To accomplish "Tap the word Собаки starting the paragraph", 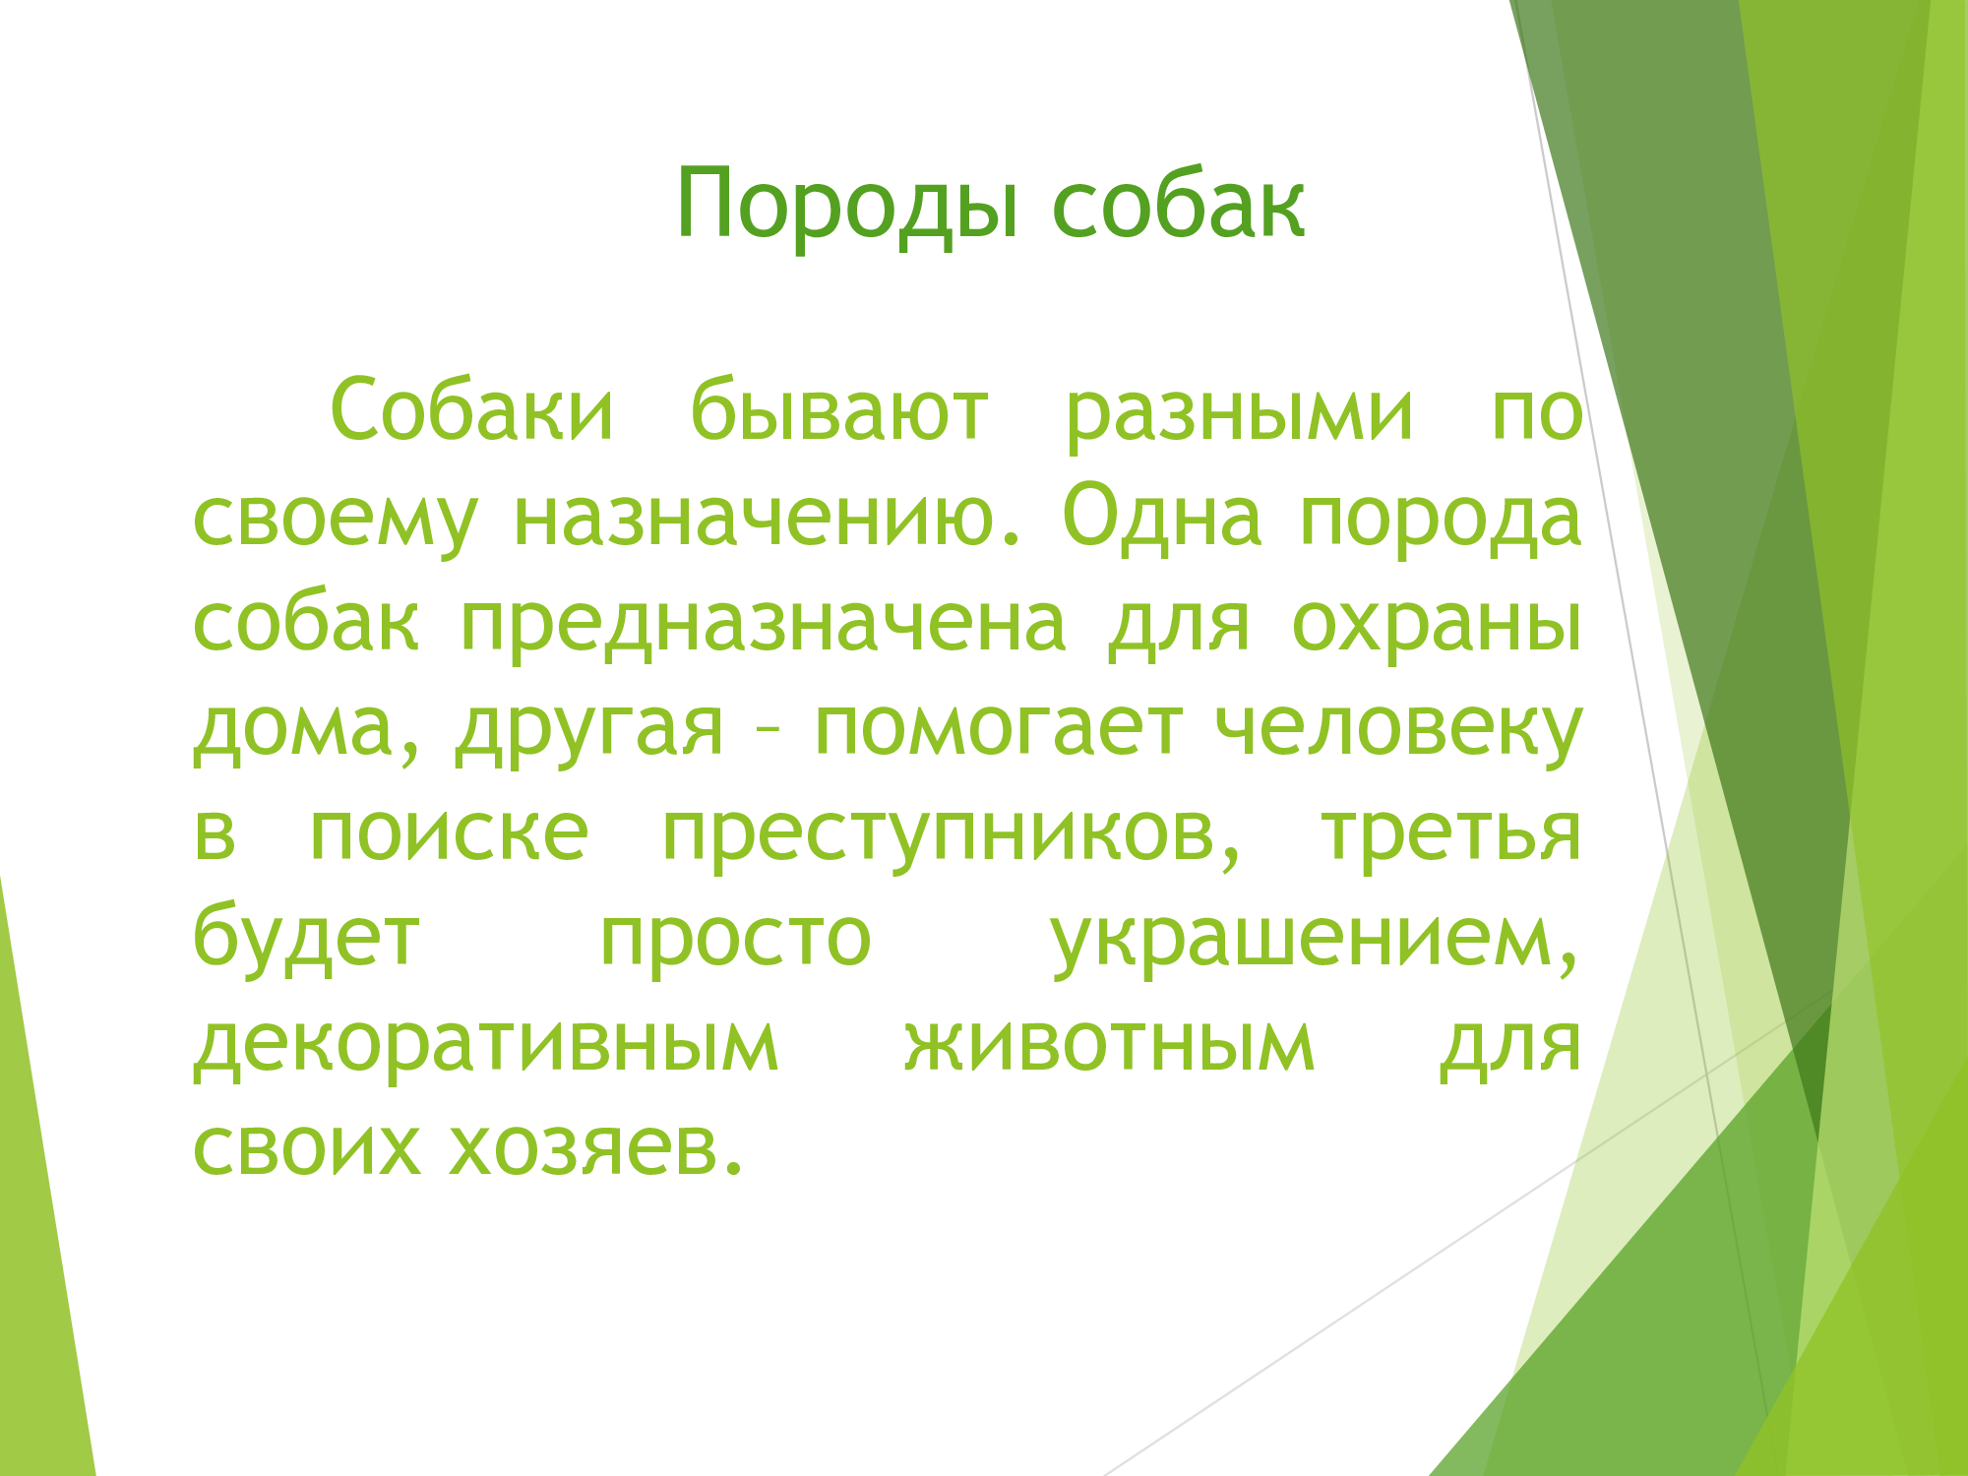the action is point(472,408).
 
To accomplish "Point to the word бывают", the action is point(839,408).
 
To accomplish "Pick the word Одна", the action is point(1162,518).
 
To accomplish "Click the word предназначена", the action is point(764,626).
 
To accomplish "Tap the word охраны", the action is point(1437,626).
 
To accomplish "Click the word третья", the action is point(1451,834).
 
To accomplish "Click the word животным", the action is point(1110,1044).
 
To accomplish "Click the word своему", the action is point(336,521).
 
